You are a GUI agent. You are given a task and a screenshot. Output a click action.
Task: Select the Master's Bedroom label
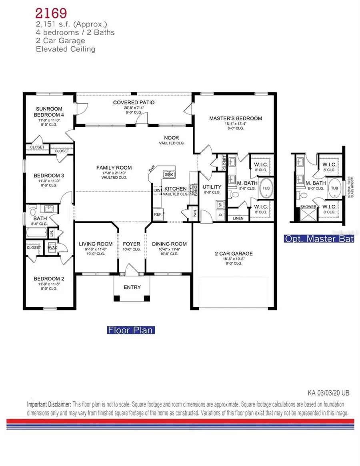[236, 118]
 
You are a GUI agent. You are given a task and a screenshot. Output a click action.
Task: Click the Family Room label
[114, 168]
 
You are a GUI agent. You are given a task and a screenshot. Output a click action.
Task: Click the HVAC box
[52, 247]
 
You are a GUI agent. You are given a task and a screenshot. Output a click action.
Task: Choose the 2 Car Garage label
[234, 254]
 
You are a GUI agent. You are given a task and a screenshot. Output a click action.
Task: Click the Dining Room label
[170, 244]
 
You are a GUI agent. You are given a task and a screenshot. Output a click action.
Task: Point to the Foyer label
[131, 244]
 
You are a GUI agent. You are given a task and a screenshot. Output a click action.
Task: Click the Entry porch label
[132, 287]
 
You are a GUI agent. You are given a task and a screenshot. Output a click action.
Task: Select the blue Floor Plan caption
[130, 330]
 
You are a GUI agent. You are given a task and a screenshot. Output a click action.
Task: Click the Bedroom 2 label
[48, 278]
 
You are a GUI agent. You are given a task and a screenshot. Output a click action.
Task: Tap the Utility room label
[212, 187]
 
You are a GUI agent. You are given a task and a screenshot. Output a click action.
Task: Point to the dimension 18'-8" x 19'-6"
[234, 259]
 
